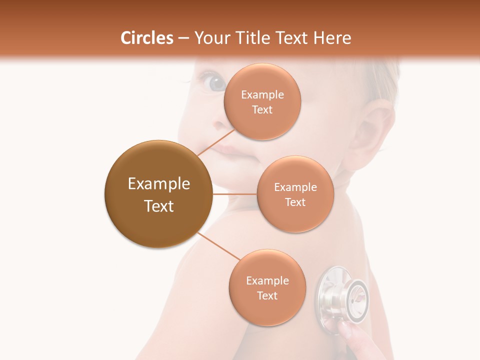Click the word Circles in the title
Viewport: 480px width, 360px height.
pos(147,38)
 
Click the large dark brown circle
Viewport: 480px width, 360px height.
pos(158,194)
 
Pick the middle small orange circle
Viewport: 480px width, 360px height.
pos(295,194)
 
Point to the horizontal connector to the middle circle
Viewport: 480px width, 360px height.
pos(234,194)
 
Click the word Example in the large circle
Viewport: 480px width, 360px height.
pos(158,184)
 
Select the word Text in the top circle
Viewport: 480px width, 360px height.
pos(262,110)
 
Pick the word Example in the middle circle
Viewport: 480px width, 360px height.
pos(295,187)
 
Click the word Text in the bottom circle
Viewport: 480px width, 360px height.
pos(267,295)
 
